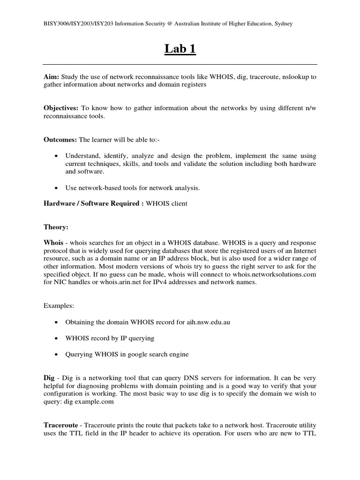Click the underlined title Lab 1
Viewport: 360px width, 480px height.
click(180, 49)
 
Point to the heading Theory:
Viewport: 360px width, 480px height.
click(56, 227)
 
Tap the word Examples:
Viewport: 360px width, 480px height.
click(59, 306)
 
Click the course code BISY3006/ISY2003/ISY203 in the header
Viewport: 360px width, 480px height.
click(75, 24)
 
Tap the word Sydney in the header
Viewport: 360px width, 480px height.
click(283, 24)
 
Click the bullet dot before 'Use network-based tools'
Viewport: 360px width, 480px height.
click(56, 188)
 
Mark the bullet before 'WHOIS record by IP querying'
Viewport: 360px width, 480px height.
click(56, 338)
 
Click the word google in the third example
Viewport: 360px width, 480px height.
click(132, 354)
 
